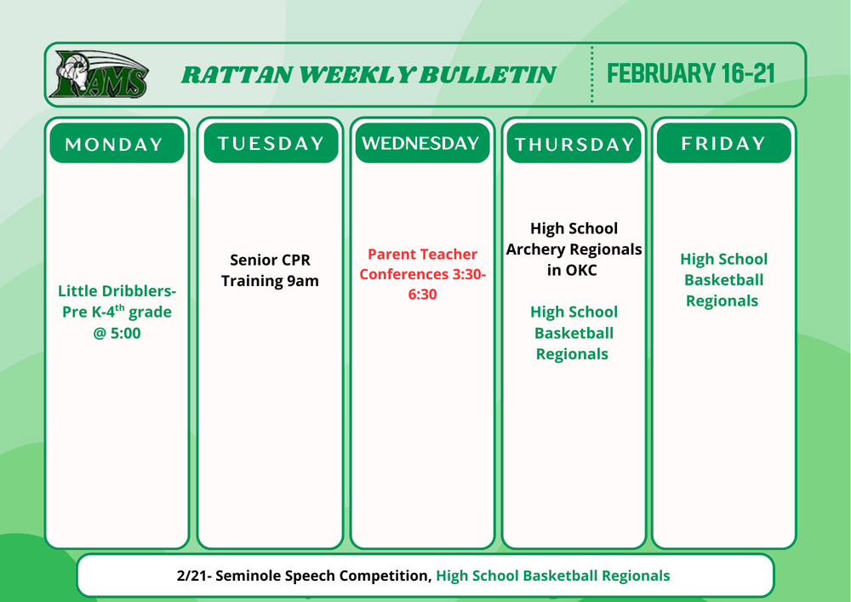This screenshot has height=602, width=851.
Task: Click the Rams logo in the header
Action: (x=99, y=74)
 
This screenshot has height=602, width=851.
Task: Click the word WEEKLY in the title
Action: (x=357, y=74)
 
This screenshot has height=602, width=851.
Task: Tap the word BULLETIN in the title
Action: (x=488, y=74)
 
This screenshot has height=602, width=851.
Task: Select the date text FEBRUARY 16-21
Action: (x=690, y=73)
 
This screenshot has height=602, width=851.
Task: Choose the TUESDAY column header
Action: (x=271, y=143)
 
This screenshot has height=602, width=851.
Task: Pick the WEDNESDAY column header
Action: (x=422, y=143)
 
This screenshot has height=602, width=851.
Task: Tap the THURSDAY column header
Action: (x=574, y=143)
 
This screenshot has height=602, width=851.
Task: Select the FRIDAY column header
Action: (x=723, y=143)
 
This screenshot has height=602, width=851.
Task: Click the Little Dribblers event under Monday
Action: (x=117, y=312)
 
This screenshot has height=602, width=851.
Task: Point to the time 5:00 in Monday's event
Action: (x=125, y=333)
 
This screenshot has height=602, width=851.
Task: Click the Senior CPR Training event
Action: (x=270, y=270)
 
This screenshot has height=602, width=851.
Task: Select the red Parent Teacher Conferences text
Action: (x=422, y=274)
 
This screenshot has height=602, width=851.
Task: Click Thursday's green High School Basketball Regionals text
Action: (x=574, y=333)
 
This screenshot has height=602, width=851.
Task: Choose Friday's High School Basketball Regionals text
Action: (x=723, y=280)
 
